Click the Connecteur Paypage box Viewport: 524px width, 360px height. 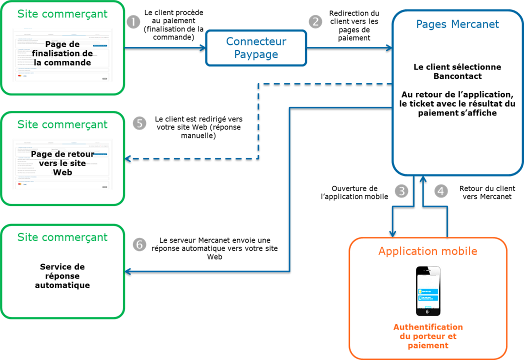[x=256, y=48]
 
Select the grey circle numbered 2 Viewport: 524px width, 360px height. [x=315, y=21]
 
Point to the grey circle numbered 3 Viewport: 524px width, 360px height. [x=401, y=190]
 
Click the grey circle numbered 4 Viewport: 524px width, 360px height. [x=440, y=190]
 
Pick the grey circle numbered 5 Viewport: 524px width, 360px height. [x=139, y=123]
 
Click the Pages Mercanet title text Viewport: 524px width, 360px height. [x=457, y=24]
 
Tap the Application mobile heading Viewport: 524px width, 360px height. [x=427, y=251]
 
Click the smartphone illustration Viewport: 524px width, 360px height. [x=428, y=290]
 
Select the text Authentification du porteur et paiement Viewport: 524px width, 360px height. [x=428, y=336]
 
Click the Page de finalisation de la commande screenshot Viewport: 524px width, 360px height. [x=62, y=55]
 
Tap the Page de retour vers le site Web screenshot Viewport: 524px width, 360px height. [x=62, y=164]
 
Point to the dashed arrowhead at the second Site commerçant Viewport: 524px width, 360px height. [x=128, y=158]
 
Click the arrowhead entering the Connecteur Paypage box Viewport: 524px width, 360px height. [x=203, y=48]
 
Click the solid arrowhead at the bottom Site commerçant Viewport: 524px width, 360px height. [x=128, y=271]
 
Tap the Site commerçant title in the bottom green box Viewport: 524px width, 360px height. [x=62, y=237]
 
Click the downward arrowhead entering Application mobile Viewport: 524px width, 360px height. [x=393, y=233]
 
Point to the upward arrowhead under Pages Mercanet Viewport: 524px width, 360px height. [x=423, y=179]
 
